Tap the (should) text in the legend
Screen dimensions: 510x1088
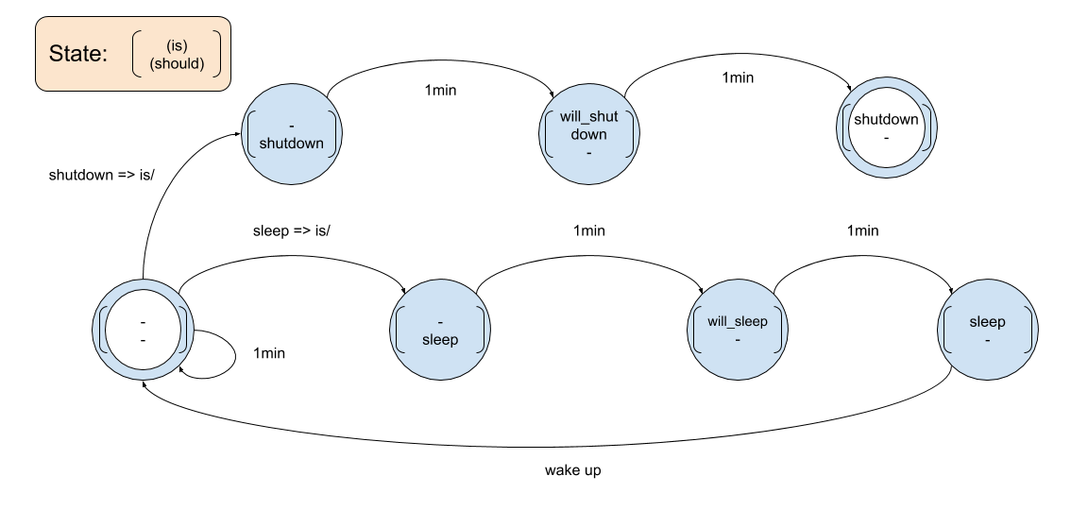pyautogui.click(x=177, y=64)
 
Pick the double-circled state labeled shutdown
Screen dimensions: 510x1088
pyautogui.click(x=885, y=127)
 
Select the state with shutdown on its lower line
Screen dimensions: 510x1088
pyautogui.click(x=291, y=132)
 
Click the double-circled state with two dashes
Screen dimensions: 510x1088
pyautogui.click(x=143, y=329)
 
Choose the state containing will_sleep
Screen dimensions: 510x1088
pyautogui.click(x=738, y=329)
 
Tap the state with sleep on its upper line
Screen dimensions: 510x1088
pyautogui.click(x=987, y=329)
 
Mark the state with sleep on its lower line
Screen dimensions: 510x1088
pyautogui.click(x=440, y=329)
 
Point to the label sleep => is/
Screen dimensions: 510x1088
pyautogui.click(x=292, y=229)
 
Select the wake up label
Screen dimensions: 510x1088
pyautogui.click(x=572, y=469)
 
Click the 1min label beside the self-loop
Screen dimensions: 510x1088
pyautogui.click(x=269, y=353)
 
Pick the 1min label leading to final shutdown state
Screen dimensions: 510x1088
pyautogui.click(x=737, y=77)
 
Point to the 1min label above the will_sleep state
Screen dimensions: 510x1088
pyautogui.click(x=588, y=229)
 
